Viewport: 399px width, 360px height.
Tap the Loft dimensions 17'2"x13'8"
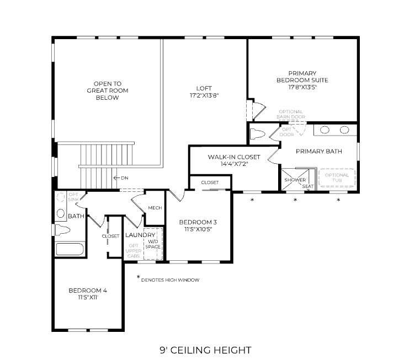204,95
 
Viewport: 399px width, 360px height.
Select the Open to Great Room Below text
103,90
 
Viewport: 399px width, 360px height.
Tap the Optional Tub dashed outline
337,178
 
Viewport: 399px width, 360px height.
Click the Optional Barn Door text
291,114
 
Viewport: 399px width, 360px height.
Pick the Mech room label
155,208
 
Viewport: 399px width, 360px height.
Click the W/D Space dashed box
152,243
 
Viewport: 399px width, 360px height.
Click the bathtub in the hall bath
69,249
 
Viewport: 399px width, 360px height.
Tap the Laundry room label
140,235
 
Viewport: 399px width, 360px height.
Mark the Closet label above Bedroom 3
209,182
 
